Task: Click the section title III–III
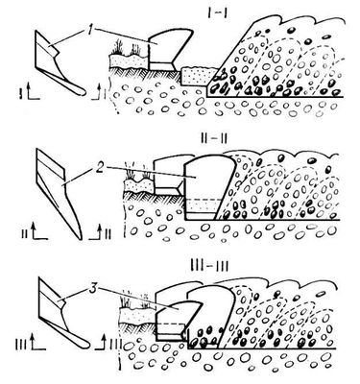(211, 265)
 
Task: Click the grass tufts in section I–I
(128, 48)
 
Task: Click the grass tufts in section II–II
(137, 175)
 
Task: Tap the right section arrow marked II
(100, 231)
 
